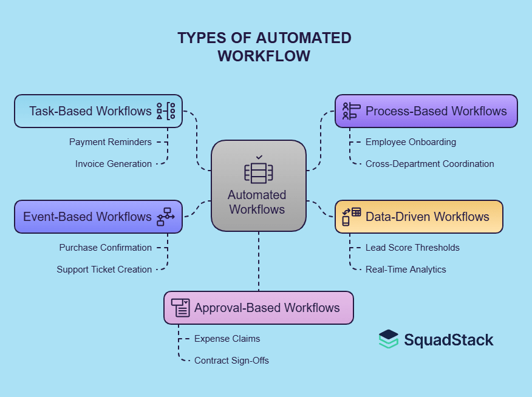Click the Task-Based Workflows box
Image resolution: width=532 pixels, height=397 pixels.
[98, 111]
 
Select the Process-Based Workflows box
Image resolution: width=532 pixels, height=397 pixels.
[426, 111]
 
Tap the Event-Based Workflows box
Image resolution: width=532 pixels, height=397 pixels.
[98, 217]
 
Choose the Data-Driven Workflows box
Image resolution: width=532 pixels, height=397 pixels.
[418, 217]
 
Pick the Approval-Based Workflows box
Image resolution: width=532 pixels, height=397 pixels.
[258, 308]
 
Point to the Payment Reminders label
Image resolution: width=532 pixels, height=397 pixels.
[111, 142]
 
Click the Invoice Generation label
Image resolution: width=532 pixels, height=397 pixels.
[114, 164]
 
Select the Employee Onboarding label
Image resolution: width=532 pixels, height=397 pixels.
[411, 142]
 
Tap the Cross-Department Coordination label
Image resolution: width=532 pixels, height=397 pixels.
[429, 164]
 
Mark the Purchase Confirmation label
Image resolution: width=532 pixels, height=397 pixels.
[106, 248]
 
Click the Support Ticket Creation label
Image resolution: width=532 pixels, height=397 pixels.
[104, 270]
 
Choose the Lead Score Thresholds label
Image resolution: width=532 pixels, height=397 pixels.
[412, 248]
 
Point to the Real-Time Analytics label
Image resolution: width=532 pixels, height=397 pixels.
[406, 270]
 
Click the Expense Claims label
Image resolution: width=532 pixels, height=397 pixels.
[227, 339]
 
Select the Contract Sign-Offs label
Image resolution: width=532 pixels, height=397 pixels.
[231, 361]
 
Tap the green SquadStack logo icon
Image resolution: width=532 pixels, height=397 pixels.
[389, 339]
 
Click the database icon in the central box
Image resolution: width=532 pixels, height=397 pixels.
[259, 172]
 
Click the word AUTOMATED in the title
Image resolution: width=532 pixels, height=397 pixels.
[303, 38]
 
